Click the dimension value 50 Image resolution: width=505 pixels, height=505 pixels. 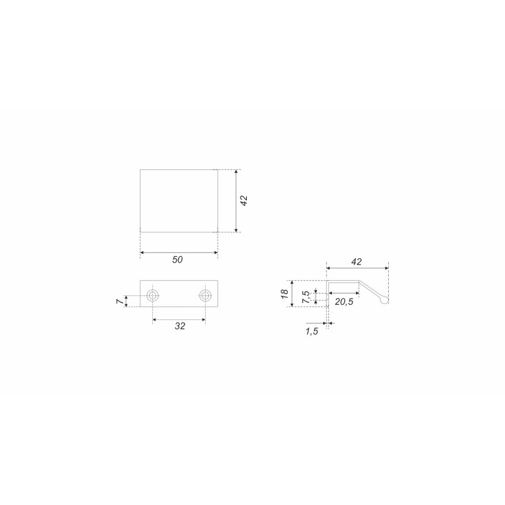pyautogui.click(x=177, y=259)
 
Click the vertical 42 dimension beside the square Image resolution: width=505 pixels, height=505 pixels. pyautogui.click(x=244, y=201)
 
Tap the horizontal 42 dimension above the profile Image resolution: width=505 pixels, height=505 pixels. pyautogui.click(x=357, y=262)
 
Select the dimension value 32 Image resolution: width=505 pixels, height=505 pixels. pyautogui.click(x=180, y=326)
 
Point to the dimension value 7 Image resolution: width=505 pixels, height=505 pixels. pyautogui.click(x=120, y=301)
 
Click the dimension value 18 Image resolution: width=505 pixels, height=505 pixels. pyautogui.click(x=285, y=294)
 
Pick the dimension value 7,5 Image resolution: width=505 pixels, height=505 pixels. pyautogui.click(x=306, y=297)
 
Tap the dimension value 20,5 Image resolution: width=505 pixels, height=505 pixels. pyautogui.click(x=344, y=302)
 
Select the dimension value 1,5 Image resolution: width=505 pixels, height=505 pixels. pyautogui.click(x=312, y=331)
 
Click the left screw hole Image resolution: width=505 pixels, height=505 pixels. pyautogui.click(x=152, y=295)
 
